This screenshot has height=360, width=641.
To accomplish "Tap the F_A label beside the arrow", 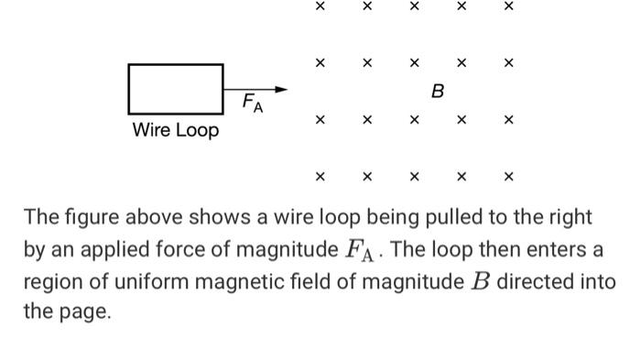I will tap(252, 104).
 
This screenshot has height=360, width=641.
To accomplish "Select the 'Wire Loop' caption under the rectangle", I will tap(176, 130).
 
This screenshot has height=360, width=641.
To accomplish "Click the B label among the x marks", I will tap(437, 92).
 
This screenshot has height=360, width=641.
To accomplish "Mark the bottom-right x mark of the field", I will tap(509, 176).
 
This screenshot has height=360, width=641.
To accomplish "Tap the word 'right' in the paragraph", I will tap(570, 218).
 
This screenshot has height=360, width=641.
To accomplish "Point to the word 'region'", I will tap(49, 280).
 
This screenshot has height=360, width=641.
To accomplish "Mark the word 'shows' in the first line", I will tap(206, 218).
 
